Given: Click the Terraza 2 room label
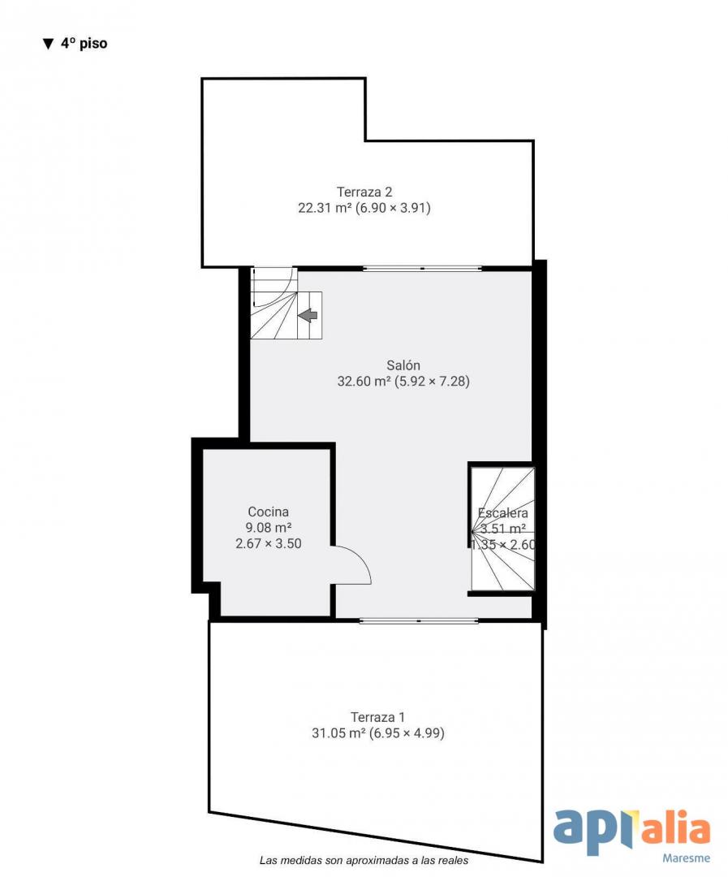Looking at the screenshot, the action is tap(364, 192).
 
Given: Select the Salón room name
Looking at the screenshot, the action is tap(403, 365).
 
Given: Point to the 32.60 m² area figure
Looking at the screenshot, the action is tap(364, 382).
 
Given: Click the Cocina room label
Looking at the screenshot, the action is tap(269, 512).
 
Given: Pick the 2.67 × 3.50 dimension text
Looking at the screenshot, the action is tap(269, 543).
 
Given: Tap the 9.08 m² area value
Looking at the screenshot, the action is tap(269, 528).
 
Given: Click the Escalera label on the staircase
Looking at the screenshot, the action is tap(502, 513).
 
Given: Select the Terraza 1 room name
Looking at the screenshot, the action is tap(377, 717).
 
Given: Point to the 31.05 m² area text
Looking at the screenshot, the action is tap(338, 733).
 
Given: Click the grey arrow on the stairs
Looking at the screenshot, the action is tap(308, 315).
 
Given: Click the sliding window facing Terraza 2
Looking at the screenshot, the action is tap(422, 269).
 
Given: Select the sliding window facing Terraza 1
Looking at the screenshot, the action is tap(419, 620).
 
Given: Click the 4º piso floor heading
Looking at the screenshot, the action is tap(84, 44).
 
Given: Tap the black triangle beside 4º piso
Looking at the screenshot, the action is tap(48, 44).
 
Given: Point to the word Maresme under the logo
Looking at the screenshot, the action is tap(686, 858).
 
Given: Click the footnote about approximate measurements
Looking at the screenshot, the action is tap(364, 861).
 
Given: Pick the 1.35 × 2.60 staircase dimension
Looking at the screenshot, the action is tap(503, 545).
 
